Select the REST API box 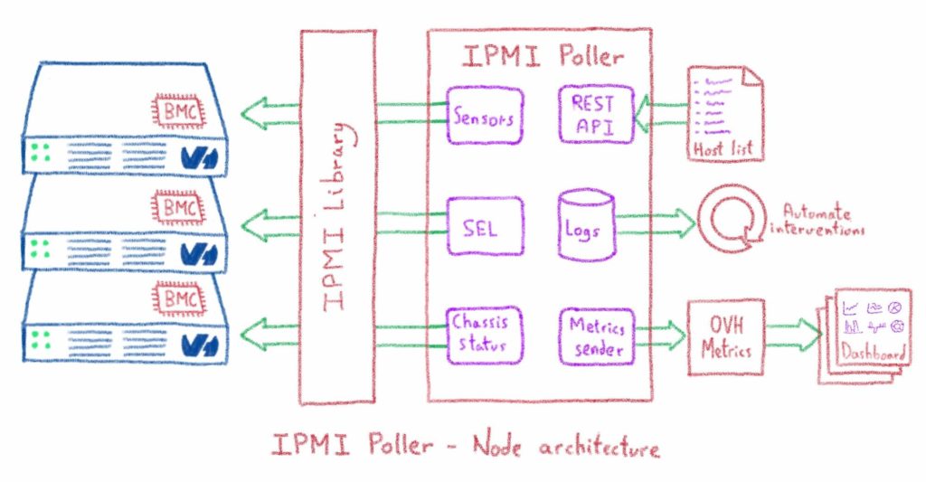point(592,114)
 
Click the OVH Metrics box point(725,336)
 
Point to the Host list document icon point(722,113)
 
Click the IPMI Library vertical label point(337,215)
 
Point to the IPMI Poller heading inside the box point(541,56)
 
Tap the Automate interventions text point(820,222)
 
